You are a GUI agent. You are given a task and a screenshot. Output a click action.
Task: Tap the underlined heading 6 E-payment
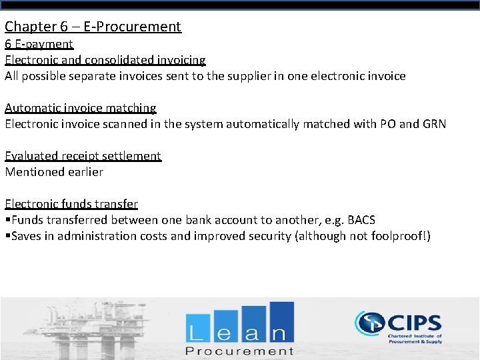point(39,44)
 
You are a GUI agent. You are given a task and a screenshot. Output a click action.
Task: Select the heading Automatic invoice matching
point(81,108)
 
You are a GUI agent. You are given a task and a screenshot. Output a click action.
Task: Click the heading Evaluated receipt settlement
point(83,156)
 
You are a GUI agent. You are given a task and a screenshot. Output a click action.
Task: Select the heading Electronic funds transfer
point(71,204)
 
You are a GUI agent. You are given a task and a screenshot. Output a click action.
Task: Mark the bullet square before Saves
point(7,237)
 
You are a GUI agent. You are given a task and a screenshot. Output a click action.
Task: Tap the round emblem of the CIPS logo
point(369,324)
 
